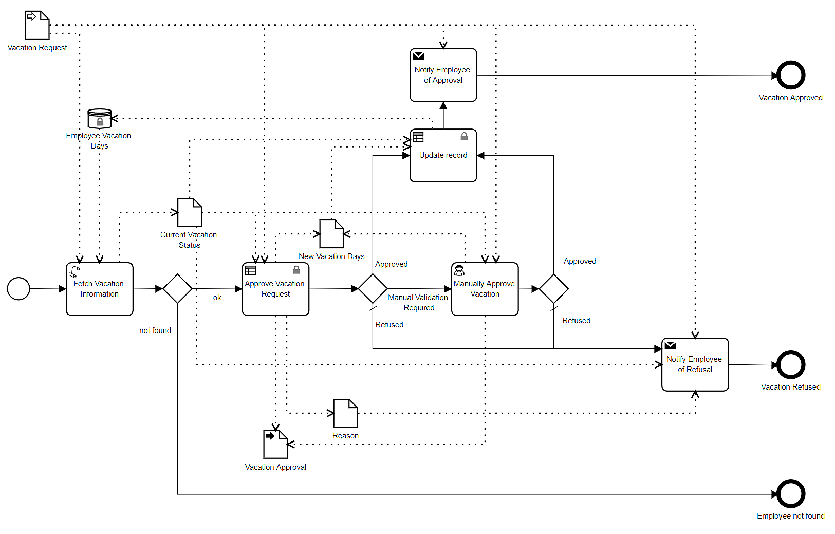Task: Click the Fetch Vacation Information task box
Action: click(100, 289)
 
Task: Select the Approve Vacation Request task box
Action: click(275, 289)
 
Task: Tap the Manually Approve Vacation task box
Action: click(485, 289)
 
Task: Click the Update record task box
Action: click(443, 155)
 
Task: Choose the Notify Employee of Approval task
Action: click(443, 75)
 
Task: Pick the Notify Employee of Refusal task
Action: click(695, 364)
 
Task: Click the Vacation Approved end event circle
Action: click(790, 75)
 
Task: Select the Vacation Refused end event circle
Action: click(790, 364)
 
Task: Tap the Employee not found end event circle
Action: click(790, 493)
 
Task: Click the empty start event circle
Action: click(18, 288)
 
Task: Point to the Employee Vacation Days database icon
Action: click(100, 118)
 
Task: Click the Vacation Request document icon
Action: click(37, 25)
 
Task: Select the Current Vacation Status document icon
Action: click(189, 212)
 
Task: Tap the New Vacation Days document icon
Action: click(331, 234)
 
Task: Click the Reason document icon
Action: click(345, 413)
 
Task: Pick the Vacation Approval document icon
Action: click(275, 444)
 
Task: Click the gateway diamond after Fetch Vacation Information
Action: click(177, 289)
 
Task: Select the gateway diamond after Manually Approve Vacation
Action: click(553, 289)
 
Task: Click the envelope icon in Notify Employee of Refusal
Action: click(670, 345)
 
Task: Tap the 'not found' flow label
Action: click(155, 330)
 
